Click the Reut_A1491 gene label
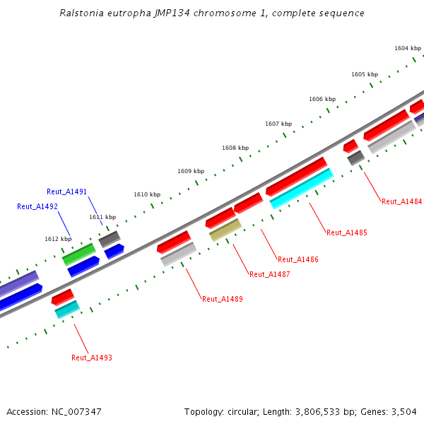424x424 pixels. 66,192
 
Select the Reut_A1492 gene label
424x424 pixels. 37,206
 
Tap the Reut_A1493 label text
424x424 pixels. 92,358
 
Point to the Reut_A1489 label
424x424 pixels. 223,299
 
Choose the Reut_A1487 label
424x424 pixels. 269,274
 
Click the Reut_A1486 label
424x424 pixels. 298,259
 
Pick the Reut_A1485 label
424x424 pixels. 347,232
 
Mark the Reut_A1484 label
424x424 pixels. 402,201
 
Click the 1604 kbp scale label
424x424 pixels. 408,48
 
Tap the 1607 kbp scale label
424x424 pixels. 278,124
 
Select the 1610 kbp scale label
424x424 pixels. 147,194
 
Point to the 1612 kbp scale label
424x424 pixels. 58,239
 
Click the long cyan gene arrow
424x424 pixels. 301,189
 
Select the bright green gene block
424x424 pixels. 78,254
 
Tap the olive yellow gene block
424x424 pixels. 225,230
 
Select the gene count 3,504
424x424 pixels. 404,411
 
